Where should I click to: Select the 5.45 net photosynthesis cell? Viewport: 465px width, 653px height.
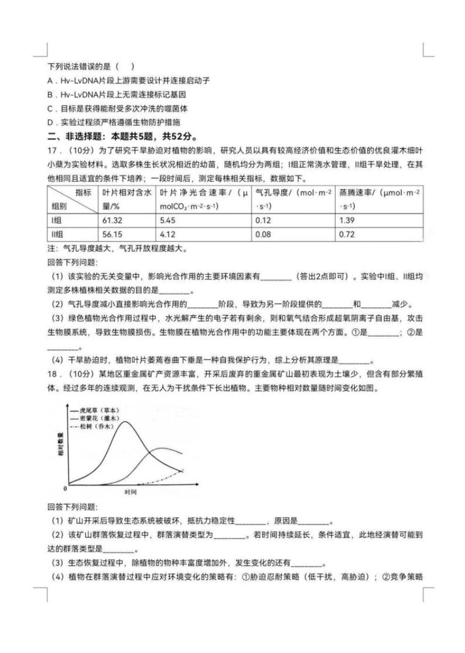pyautogui.click(x=167, y=219)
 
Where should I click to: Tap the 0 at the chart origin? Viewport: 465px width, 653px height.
pyautogui.click(x=66, y=488)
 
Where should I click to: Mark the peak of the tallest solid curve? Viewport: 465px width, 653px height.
pyautogui.click(x=126, y=422)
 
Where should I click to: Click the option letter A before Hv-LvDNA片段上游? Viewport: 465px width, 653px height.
pyautogui.click(x=50, y=81)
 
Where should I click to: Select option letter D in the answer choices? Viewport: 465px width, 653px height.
pyautogui.click(x=50, y=122)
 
